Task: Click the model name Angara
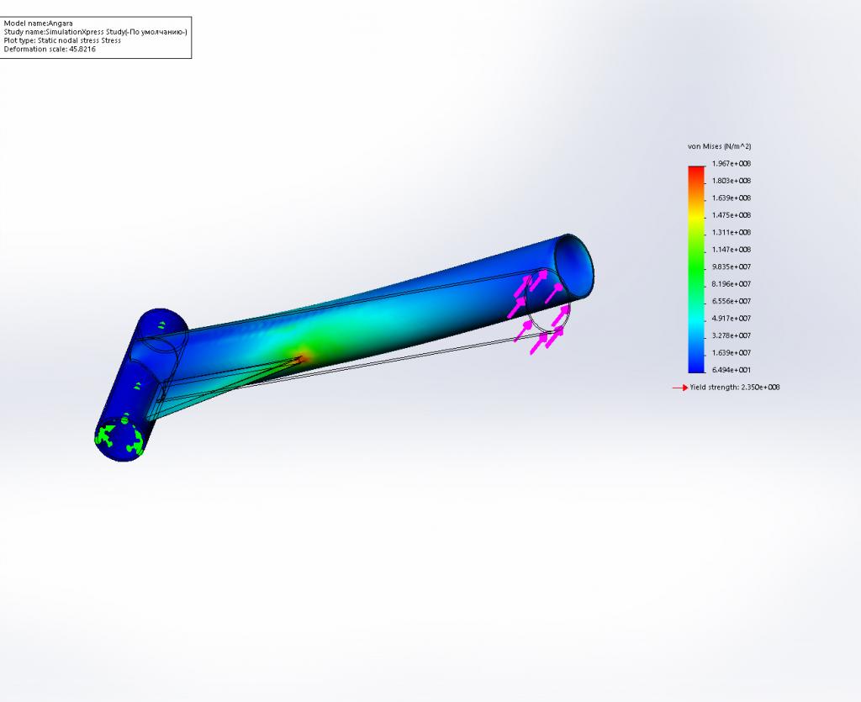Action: tap(61, 24)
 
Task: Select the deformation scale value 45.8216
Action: tap(82, 50)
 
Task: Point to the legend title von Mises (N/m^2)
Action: tap(720, 146)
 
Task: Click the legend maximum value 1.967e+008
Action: tap(732, 164)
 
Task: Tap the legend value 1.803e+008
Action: tap(732, 181)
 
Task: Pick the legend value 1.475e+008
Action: tap(732, 215)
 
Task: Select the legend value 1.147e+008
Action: tap(732, 250)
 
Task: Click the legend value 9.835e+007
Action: tap(732, 267)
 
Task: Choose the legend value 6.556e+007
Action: tap(732, 301)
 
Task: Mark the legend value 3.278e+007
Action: tap(732, 335)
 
